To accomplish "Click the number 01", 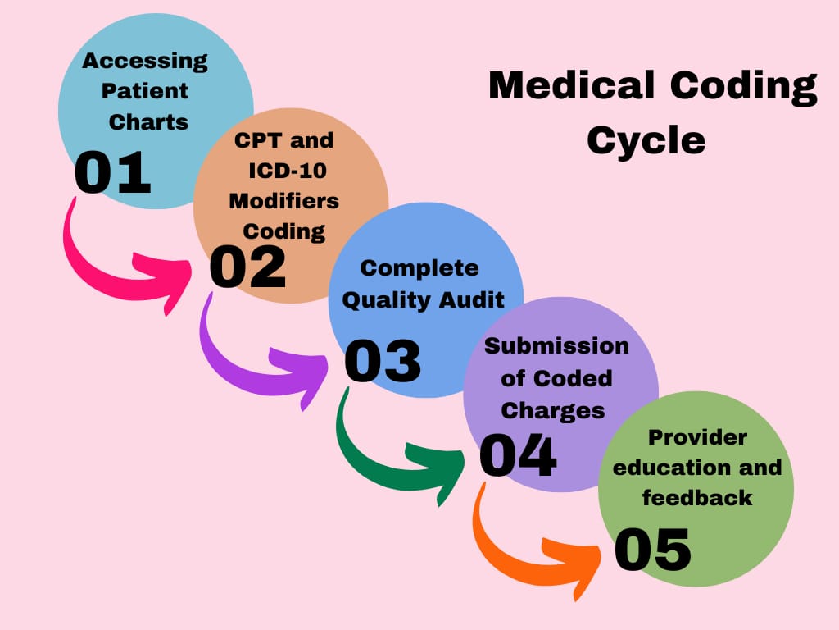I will [113, 173].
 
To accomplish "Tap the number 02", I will [247, 267].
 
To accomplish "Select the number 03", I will [382, 361].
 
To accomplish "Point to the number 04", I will [518, 456].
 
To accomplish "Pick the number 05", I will [652, 550].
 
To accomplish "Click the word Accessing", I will [145, 61].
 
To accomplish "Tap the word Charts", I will [148, 122].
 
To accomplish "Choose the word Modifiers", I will [283, 200].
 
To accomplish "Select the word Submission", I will [556, 345].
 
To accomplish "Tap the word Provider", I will [697, 436].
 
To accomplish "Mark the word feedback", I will [696, 497].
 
